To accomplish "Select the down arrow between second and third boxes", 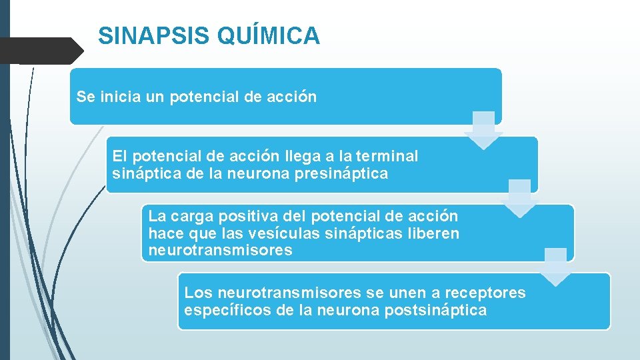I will tap(519, 199).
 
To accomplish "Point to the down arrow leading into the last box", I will tap(555, 267).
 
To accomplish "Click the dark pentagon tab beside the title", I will tap(40, 50).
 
